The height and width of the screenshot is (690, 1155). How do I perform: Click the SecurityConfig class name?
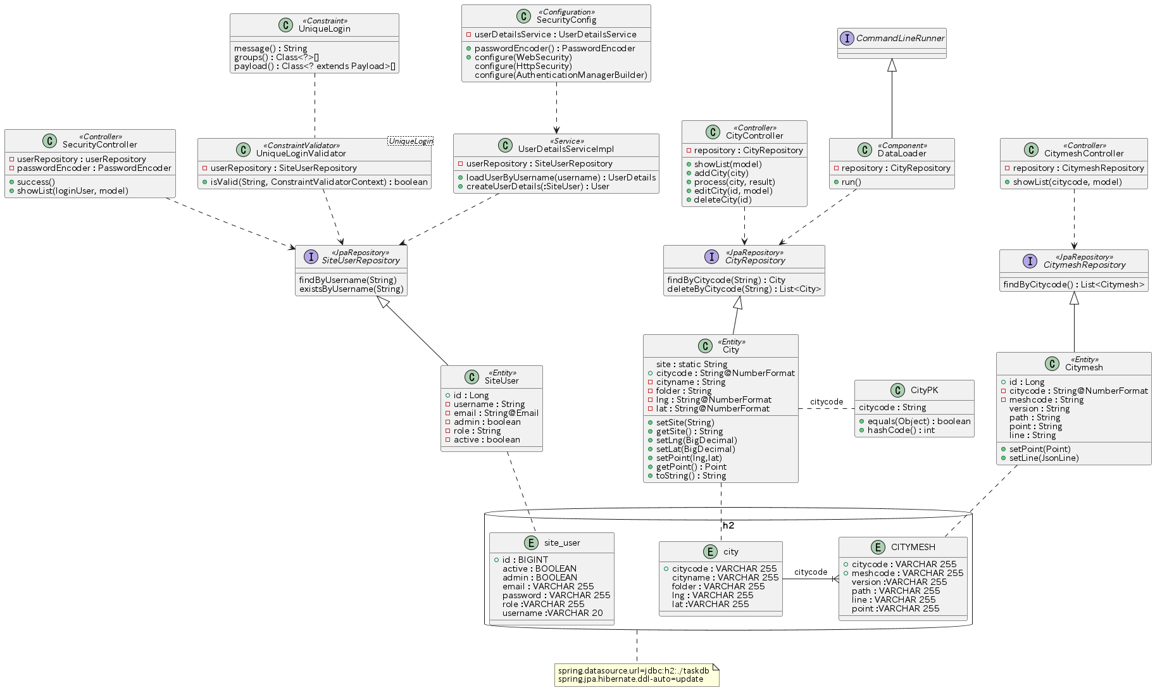pos(566,20)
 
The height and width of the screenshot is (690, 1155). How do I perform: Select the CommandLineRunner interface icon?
pos(847,38)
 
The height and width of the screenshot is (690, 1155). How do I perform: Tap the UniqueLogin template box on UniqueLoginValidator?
pos(410,141)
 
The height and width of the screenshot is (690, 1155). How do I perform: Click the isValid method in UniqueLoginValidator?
pos(315,182)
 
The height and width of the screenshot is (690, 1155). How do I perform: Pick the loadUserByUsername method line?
pos(561,177)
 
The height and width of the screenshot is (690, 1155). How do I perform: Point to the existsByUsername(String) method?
pos(351,289)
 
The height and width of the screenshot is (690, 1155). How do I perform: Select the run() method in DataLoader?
pos(847,182)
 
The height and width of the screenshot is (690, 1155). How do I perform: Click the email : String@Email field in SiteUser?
pos(492,413)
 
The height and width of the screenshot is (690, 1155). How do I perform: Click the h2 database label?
pos(728,525)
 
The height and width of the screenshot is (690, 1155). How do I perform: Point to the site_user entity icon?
pos(531,543)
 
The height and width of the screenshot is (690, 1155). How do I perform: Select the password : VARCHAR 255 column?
pos(556,596)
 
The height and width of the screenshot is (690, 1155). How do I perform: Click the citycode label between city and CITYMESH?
pos(811,572)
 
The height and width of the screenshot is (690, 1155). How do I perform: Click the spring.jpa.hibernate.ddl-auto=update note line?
pos(630,680)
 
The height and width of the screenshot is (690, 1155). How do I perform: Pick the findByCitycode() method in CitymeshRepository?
pos(1074,285)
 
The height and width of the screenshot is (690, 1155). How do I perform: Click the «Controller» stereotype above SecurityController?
pos(101,137)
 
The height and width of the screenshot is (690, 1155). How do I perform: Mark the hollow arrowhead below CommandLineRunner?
pos(892,65)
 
